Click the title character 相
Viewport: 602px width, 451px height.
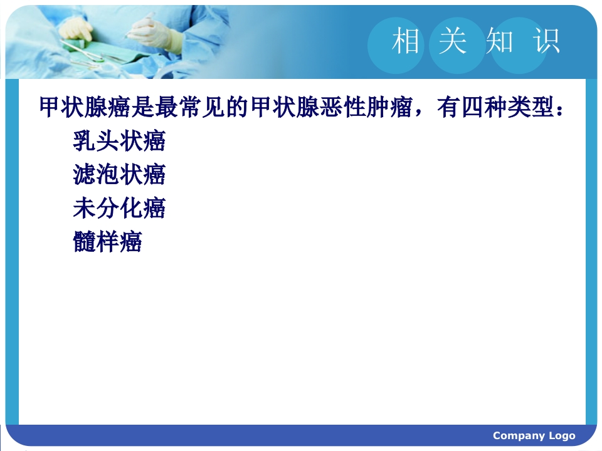(406, 41)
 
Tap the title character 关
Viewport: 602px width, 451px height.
(453, 41)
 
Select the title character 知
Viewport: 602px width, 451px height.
(500, 41)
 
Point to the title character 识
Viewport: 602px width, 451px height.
(546, 41)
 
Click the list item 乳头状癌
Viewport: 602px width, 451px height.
(119, 141)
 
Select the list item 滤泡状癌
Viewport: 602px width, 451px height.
(119, 175)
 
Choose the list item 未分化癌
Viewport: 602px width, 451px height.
(119, 208)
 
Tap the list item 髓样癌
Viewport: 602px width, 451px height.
(107, 242)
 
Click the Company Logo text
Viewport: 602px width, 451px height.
(534, 436)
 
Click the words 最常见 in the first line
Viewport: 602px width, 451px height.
(190, 107)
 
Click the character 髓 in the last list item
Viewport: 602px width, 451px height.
(85, 242)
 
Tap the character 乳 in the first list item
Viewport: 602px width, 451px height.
(85, 141)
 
